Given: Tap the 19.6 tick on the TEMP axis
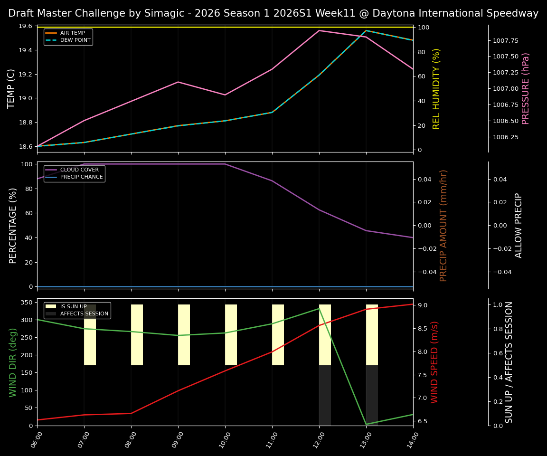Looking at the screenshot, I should [25, 26].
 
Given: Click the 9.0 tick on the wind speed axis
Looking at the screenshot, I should [422, 305].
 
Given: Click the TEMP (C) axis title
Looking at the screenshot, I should [12, 88].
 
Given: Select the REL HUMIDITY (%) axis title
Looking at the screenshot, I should [436, 88].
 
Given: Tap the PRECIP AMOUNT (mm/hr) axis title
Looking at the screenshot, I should [444, 225].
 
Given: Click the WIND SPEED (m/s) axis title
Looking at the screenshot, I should [434, 362].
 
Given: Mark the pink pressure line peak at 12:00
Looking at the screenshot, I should [319, 30].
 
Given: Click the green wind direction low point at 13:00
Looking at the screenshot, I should [366, 424].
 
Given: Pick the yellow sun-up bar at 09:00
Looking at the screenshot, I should [184, 335].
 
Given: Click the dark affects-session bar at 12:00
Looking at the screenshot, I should [325, 395].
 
